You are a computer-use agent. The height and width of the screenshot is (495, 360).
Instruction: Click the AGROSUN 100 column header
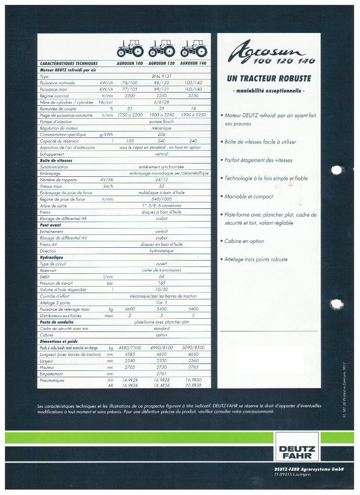pos(130,64)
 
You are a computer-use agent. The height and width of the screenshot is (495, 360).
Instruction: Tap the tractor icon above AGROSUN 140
pos(193,49)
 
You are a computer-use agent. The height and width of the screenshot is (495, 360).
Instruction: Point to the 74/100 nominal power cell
pos(130,83)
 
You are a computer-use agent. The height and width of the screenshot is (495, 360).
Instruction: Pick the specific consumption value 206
pos(162,134)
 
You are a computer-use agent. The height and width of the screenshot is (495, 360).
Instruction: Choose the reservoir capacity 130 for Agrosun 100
pos(130,141)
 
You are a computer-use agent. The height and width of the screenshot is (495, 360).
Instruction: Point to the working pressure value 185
pos(162,283)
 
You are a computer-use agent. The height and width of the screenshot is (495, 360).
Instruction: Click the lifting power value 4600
pos(130,309)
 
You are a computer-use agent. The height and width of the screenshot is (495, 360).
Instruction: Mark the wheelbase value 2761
pos(162,373)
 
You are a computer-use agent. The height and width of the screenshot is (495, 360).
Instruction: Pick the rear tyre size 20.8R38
pos(193,386)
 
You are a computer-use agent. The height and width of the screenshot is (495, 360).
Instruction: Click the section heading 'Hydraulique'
pos(52,257)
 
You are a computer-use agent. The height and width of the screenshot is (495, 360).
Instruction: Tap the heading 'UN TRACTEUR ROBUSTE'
pos(268,78)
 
